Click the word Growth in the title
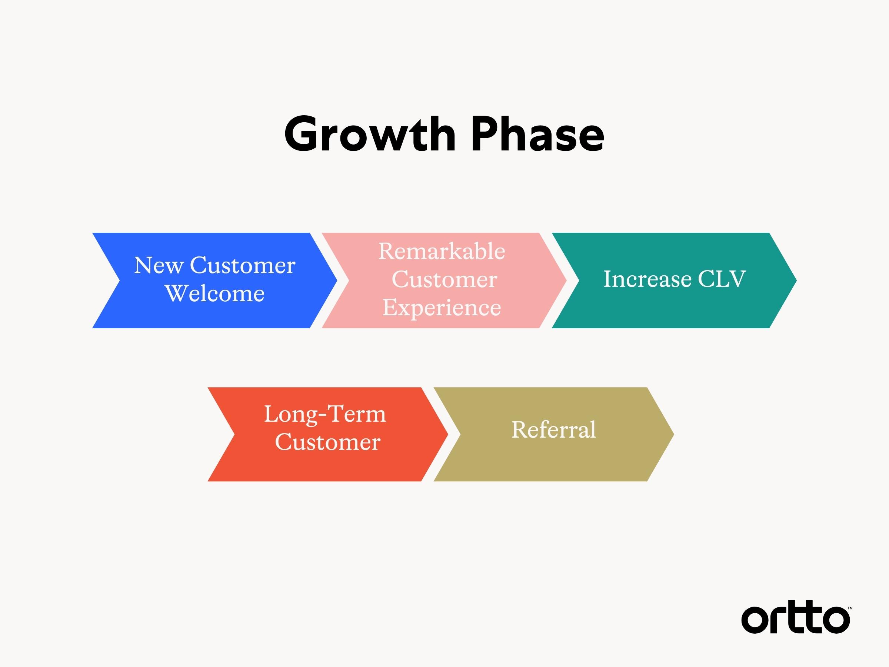click(370, 134)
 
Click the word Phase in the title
click(538, 134)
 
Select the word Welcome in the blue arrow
click(214, 293)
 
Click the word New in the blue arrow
click(159, 265)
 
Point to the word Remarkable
click(442, 251)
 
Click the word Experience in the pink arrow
click(442, 308)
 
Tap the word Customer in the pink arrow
click(444, 279)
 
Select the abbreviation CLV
click(722, 279)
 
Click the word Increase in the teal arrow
click(647, 279)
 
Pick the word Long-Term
click(325, 414)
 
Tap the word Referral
click(553, 429)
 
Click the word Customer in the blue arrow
click(242, 265)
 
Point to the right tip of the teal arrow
click(796, 280)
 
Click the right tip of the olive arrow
click(673, 434)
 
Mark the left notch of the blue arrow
click(120, 280)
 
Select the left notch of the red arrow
click(234, 434)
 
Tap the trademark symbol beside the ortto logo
click(850, 608)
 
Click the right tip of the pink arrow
click(566, 280)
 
